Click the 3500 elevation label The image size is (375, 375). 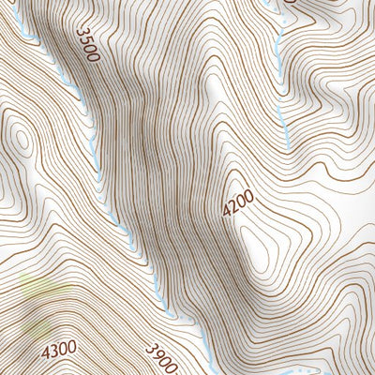pyautogui.click(x=86, y=44)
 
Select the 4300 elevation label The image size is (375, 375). pyautogui.click(x=58, y=351)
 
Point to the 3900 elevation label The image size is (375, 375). pyautogui.click(x=161, y=358)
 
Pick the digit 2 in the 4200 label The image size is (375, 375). pyautogui.click(x=234, y=207)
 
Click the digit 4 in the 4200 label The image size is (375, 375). pyautogui.click(x=228, y=214)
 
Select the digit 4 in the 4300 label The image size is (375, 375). pyautogui.click(x=46, y=352)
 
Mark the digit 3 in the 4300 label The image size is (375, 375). pyautogui.click(x=54, y=351)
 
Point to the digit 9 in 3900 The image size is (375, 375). pyautogui.click(x=157, y=354)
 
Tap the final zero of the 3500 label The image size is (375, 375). pyautogui.click(x=92, y=56)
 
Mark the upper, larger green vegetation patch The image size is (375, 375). pyautogui.click(x=37, y=286)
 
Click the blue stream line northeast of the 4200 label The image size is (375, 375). pyautogui.click(x=280, y=112)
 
